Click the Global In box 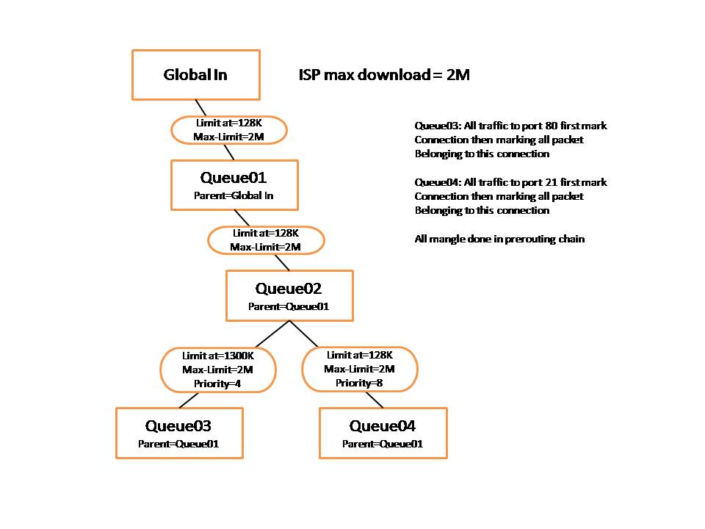point(196,75)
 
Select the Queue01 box point(235,185)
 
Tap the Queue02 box point(289,295)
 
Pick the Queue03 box point(179,433)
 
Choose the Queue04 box point(383,433)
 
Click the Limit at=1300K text point(218,356)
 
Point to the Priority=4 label point(217,384)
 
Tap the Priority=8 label point(359,383)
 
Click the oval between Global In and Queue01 point(229,130)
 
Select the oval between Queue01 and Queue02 point(266,240)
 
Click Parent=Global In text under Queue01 point(234,195)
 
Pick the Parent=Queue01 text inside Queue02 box point(289,307)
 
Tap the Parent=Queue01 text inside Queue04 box point(383,444)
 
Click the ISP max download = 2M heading point(384,75)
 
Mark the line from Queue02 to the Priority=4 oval point(272,334)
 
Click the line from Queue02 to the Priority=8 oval point(304,334)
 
